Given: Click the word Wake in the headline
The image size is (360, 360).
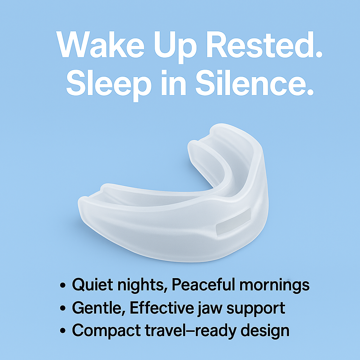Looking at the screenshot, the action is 100,44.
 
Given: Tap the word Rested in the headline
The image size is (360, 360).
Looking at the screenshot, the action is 259,44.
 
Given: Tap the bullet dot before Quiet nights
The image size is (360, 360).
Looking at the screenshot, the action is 63,285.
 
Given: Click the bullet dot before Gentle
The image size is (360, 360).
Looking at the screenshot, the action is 63,308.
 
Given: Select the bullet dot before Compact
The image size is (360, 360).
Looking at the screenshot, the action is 63,331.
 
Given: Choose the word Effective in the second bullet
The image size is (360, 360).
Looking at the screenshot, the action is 162,307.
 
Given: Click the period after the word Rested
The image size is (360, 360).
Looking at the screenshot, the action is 319,54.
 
